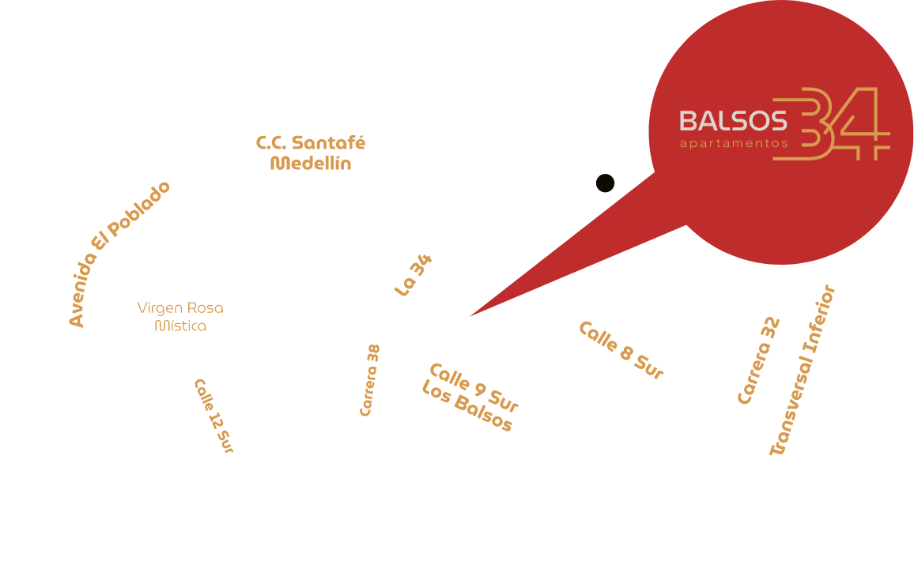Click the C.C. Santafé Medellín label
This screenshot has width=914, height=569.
pyautogui.click(x=311, y=153)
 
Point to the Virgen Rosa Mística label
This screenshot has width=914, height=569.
pyautogui.click(x=180, y=316)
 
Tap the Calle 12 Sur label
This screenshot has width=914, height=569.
pyautogui.click(x=214, y=416)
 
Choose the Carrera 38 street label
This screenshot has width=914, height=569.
pyautogui.click(x=370, y=380)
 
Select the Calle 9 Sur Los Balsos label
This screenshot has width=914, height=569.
pyautogui.click(x=470, y=398)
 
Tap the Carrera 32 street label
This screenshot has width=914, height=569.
pyautogui.click(x=759, y=360)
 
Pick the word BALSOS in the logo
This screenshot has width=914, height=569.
pyautogui.click(x=733, y=121)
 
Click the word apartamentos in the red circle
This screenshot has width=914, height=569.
pyautogui.click(x=734, y=144)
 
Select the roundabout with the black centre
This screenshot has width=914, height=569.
pyautogui.click(x=606, y=183)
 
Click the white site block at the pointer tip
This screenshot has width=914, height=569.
pyautogui.click(x=467, y=317)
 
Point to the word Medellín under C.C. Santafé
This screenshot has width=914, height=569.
pyautogui.click(x=311, y=164)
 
